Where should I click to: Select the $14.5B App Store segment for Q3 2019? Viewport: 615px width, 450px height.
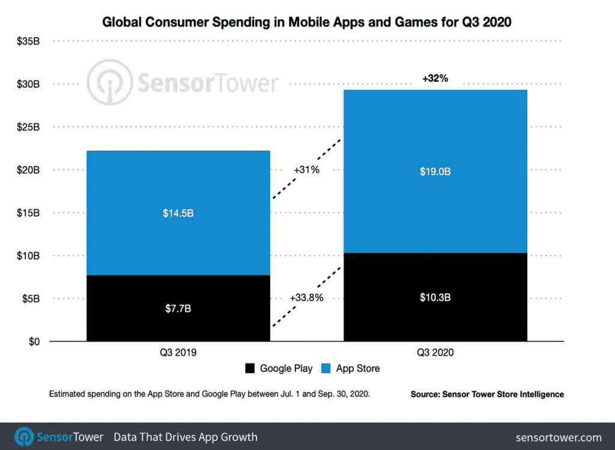[x=178, y=213]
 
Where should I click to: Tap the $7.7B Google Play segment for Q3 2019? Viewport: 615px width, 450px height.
[x=178, y=308]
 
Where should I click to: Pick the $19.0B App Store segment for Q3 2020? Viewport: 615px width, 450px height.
[x=435, y=172]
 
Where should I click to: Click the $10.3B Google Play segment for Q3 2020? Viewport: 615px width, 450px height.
[x=435, y=298]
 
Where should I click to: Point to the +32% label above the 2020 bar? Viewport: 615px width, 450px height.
[x=435, y=78]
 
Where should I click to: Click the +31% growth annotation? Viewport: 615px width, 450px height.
[x=306, y=170]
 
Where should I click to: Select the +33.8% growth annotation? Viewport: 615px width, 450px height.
[x=306, y=298]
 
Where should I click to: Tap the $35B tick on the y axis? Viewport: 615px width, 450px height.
[x=28, y=41]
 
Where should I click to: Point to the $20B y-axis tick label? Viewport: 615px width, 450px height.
[x=28, y=170]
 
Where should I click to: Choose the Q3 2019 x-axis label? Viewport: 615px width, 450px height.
[x=178, y=353]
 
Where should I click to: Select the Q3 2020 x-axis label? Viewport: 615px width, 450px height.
[x=435, y=353]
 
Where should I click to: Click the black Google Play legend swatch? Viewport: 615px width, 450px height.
[x=250, y=368]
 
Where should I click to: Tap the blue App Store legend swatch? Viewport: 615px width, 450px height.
[x=326, y=368]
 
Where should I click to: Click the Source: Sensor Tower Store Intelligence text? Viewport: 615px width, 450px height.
[x=487, y=394]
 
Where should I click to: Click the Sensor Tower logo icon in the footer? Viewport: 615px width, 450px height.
[x=24, y=436]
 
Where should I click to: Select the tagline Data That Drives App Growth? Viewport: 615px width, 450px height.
[x=186, y=437]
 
